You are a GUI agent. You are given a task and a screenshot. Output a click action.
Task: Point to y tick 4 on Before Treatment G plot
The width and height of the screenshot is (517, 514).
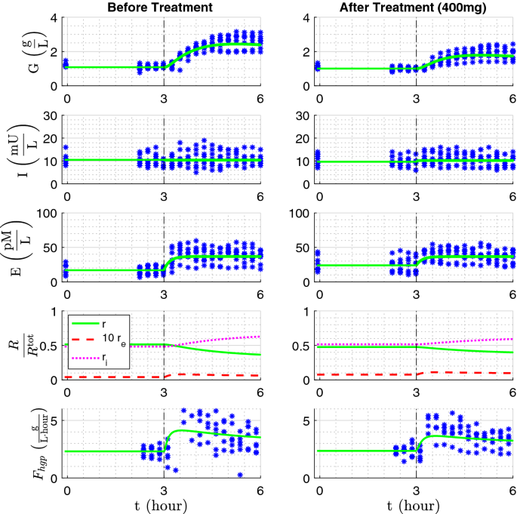click(x=53, y=18)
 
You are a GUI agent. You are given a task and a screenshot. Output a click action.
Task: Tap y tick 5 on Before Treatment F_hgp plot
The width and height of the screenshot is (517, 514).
click(x=53, y=420)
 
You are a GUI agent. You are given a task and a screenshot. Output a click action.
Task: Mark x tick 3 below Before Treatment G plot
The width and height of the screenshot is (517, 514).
click(x=163, y=97)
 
